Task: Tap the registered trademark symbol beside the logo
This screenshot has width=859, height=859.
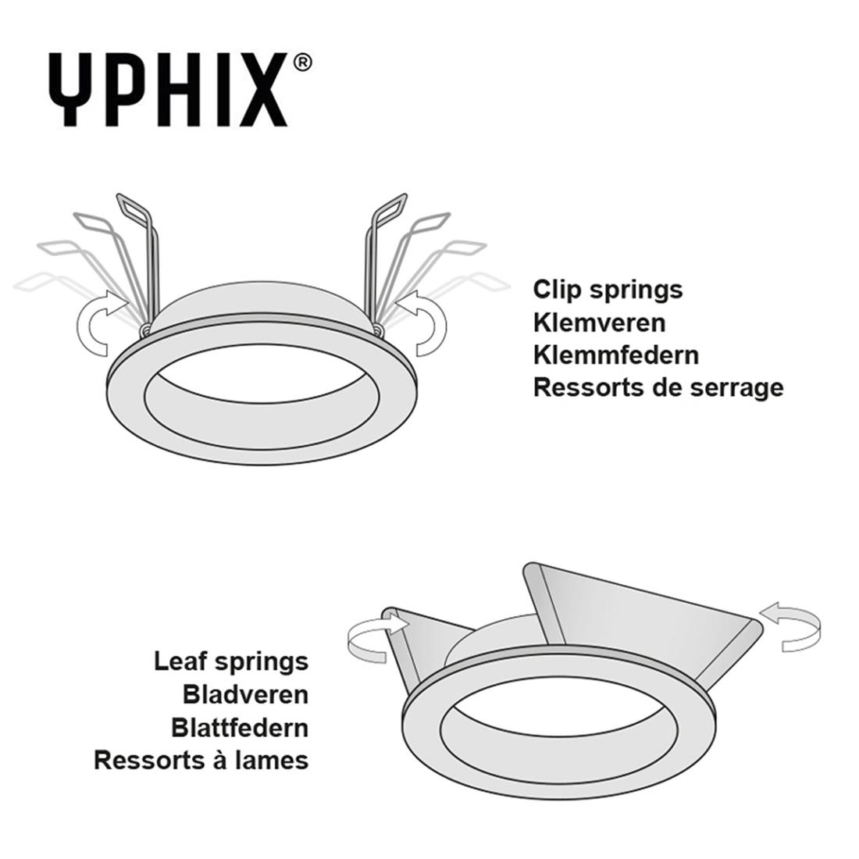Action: [x=302, y=62]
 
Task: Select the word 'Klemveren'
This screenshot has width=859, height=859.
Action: [x=599, y=323]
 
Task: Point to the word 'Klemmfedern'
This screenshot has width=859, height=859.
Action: [x=616, y=355]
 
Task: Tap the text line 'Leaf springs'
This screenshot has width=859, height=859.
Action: [x=231, y=662]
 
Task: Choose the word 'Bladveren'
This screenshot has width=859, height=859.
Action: [x=245, y=695]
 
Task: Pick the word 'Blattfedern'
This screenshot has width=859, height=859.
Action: [x=240, y=728]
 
